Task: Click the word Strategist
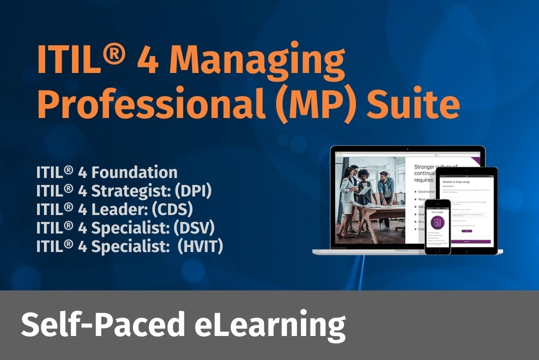131,191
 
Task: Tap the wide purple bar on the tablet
470,241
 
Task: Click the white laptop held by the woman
364,190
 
